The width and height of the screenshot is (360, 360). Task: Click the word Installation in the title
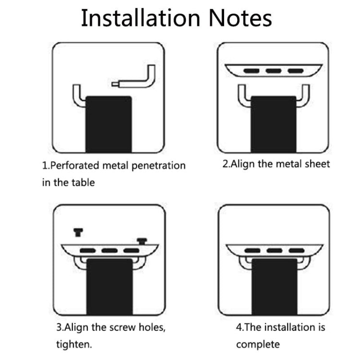click(141, 18)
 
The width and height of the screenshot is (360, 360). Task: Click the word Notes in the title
click(240, 18)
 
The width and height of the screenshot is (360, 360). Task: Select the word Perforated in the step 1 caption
click(74, 166)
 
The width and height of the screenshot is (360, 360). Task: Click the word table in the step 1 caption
click(83, 182)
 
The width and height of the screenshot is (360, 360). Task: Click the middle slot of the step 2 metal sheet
click(274, 71)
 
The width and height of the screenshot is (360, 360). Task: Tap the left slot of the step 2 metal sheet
click(252, 71)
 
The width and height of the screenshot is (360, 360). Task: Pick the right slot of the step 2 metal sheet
click(296, 71)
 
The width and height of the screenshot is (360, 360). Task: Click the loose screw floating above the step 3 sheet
click(78, 232)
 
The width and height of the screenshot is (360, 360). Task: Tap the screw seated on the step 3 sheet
click(142, 241)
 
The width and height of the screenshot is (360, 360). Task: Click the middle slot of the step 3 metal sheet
click(110, 250)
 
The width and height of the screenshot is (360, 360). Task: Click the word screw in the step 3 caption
click(122, 327)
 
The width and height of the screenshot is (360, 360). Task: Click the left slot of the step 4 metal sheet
click(252, 250)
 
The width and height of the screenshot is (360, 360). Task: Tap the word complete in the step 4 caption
click(258, 345)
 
